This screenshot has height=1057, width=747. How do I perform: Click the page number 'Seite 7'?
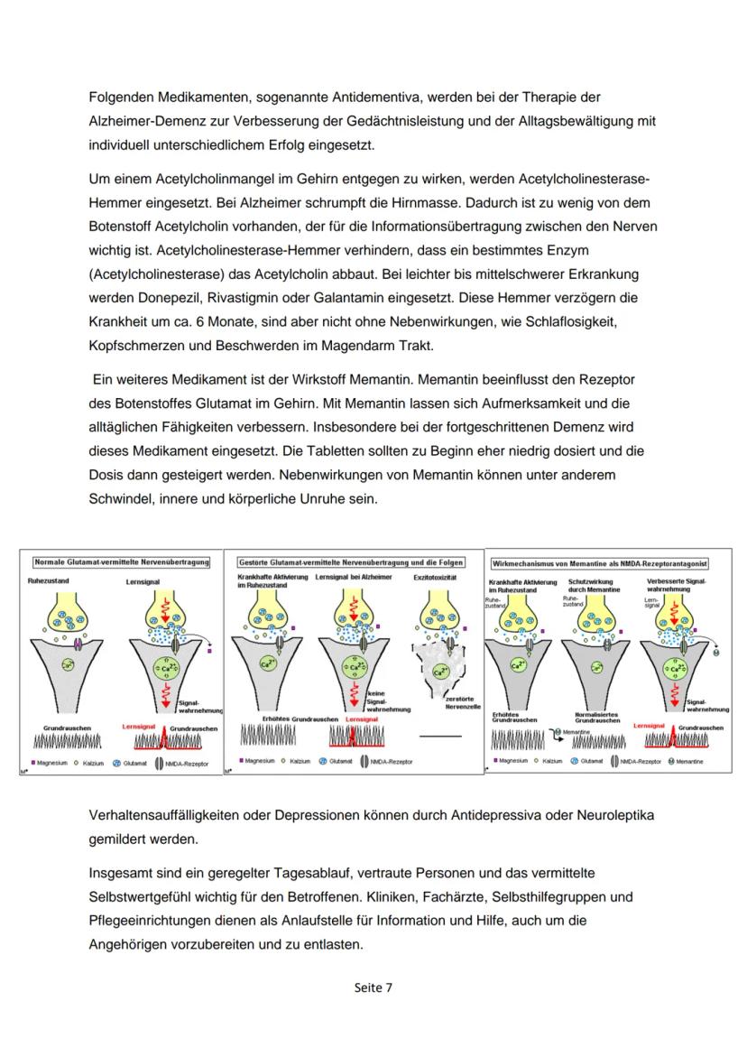pyautogui.click(x=373, y=987)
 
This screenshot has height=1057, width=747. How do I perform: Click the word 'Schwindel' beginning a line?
pyautogui.click(x=123, y=498)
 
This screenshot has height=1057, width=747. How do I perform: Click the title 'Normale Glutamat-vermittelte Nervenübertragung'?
pyautogui.click(x=121, y=561)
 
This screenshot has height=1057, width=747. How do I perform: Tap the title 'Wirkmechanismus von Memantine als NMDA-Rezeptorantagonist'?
pyautogui.click(x=600, y=562)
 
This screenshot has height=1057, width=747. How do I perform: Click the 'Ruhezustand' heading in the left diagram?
pyautogui.click(x=49, y=581)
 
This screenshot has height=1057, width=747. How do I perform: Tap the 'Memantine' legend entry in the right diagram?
pyautogui.click(x=687, y=761)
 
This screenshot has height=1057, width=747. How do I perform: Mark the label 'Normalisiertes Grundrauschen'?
pyautogui.click(x=595, y=717)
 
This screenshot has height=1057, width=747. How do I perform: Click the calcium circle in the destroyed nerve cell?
pyautogui.click(x=438, y=671)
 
